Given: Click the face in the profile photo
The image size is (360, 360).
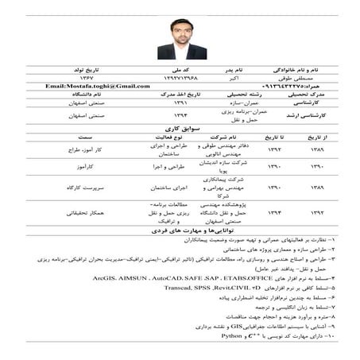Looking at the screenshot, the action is tap(180, 32).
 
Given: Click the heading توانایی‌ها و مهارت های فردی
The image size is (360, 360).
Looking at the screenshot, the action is tap(181, 230).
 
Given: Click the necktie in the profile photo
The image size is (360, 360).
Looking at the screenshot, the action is tap(181, 51).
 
